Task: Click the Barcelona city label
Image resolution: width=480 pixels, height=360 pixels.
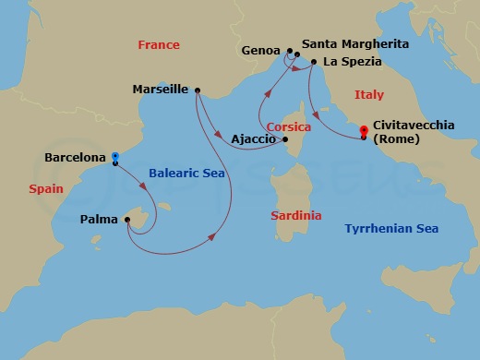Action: click(x=75, y=158)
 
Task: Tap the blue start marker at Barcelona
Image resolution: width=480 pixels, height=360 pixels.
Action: click(x=114, y=157)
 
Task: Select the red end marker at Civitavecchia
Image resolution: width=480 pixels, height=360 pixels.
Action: click(x=364, y=130)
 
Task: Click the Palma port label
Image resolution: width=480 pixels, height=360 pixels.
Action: click(x=99, y=220)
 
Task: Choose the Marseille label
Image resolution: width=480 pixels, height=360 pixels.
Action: click(x=162, y=90)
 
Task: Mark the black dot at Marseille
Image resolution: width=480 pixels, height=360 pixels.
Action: click(x=198, y=90)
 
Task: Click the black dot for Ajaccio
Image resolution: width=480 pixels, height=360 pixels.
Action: click(x=285, y=139)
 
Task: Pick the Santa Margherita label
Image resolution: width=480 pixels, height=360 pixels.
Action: click(x=355, y=43)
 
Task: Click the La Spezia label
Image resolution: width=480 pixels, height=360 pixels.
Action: click(x=352, y=62)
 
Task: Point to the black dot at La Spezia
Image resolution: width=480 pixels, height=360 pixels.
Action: click(x=314, y=62)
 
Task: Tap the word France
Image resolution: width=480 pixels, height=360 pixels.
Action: click(x=158, y=45)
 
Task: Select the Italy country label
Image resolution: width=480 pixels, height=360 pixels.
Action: click(x=372, y=96)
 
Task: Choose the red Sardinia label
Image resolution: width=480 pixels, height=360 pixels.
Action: click(x=296, y=216)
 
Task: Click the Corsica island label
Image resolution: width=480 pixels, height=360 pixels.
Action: click(x=288, y=126)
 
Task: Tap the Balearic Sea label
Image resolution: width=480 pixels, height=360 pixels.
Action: click(x=186, y=174)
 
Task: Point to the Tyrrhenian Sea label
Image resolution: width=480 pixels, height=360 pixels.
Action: click(x=390, y=229)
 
